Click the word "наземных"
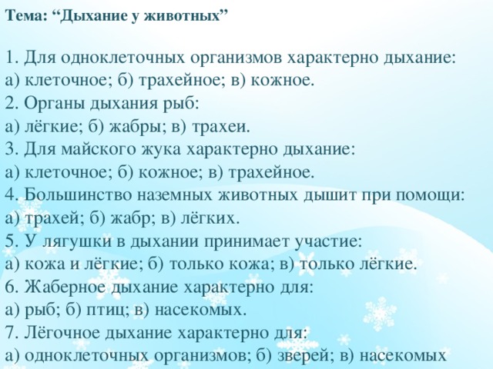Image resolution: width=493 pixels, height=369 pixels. [x=179, y=194]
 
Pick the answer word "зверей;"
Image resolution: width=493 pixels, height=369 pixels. [x=293, y=356]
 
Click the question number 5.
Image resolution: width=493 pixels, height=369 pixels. [x=9, y=241]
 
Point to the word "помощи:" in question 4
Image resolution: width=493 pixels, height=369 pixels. [x=431, y=194]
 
